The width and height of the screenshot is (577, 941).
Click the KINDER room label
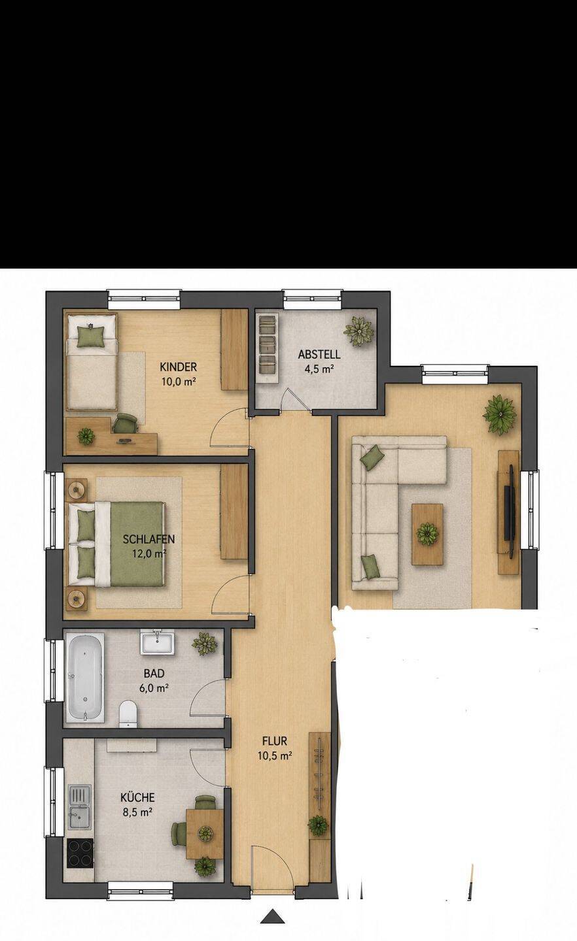tap(179, 367)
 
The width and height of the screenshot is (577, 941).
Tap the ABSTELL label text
tap(319, 354)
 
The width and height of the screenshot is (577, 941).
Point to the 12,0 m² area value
tap(149, 553)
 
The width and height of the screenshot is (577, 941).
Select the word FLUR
tap(275, 740)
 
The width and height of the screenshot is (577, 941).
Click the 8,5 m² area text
tap(137, 812)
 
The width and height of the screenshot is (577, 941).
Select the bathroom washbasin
tap(157, 642)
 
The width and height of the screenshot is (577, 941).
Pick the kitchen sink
tap(80, 807)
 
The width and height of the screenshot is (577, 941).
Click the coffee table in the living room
tap(427, 535)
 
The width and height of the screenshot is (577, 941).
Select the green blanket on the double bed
tap(136, 544)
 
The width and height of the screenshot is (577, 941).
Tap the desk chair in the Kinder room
tap(126, 423)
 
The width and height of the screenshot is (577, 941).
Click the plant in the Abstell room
tap(358, 331)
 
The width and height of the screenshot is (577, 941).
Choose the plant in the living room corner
tap(500, 414)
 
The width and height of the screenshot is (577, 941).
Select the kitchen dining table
tap(205, 833)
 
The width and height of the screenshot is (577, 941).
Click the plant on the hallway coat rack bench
tap(318, 826)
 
